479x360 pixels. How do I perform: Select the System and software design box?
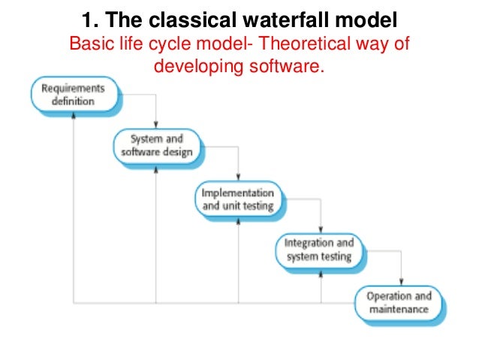coord(156,145)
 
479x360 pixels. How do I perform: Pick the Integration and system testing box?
coord(318,250)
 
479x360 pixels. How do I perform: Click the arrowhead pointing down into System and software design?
coord(156,126)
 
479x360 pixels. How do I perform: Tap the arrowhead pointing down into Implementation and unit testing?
coord(238,179)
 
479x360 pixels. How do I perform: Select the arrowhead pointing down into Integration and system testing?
coord(321,231)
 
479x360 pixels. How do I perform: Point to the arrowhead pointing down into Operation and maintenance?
coord(402,283)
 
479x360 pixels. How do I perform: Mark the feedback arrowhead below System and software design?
coord(156,167)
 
